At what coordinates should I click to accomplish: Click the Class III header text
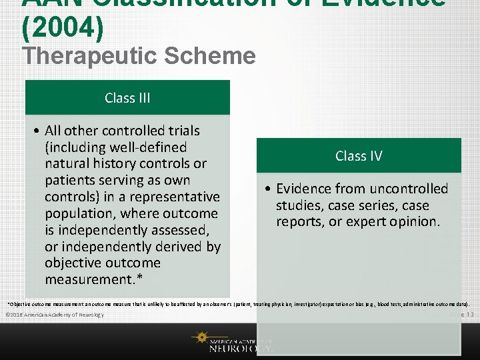(127, 98)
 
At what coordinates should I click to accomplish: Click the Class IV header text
(359, 156)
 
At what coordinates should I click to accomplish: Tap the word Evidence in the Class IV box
(306, 189)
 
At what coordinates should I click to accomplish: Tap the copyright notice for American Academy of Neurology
(54, 314)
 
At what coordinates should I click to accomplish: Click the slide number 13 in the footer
(469, 314)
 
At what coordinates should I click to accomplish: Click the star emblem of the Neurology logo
(200, 338)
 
